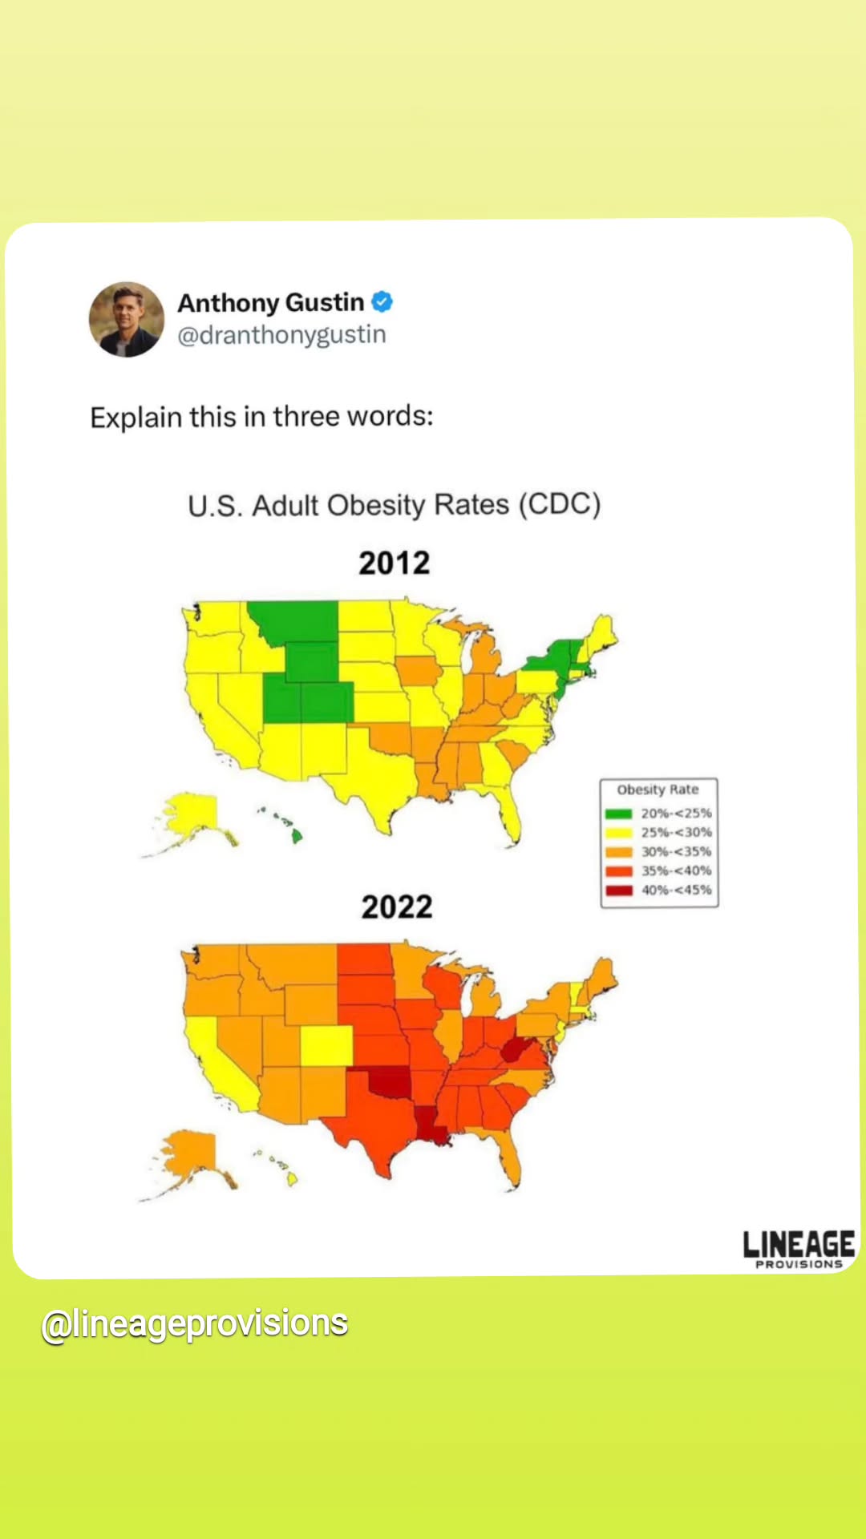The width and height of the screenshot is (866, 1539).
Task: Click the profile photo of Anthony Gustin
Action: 127,319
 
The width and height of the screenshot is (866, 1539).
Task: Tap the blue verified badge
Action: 382,302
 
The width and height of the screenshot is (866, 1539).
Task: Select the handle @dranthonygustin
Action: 281,335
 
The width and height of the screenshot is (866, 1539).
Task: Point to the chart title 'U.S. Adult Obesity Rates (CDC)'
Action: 395,505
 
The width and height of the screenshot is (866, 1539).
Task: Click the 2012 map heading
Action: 395,563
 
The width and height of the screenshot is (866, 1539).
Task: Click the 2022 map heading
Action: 397,907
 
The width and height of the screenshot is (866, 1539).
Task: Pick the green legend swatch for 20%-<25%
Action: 619,814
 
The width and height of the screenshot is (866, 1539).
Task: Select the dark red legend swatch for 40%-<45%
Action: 619,891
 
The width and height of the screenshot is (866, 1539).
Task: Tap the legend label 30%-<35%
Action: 676,851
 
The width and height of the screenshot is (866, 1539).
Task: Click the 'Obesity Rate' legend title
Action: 658,790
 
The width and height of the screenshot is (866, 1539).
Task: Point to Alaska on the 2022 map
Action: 189,1160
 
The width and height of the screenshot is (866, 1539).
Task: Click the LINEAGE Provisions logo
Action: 799,1249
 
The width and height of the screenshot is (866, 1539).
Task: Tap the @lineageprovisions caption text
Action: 195,1324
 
